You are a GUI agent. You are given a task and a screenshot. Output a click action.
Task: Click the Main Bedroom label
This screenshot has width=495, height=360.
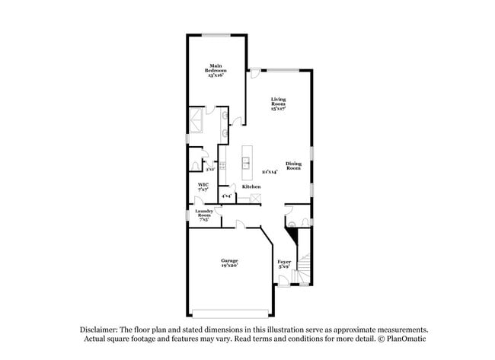coord(216,71)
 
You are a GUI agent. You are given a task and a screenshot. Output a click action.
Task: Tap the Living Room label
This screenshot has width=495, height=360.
coord(278,104)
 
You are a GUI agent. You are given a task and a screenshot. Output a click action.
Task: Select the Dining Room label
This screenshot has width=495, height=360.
coord(294,165)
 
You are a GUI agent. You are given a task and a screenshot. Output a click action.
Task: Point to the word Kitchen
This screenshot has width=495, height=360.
coord(251,187)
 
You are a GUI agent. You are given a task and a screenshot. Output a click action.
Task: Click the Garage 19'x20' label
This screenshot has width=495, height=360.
coord(229,263)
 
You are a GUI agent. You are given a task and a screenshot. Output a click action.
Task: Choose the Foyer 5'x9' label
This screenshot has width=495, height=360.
coord(284,263)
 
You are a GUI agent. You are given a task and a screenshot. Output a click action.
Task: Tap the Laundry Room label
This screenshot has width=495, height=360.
coord(204,215)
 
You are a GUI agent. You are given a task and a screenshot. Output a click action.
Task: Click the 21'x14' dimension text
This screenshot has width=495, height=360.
coord(269,172)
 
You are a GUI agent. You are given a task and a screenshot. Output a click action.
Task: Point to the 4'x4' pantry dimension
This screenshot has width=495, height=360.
coord(226,196)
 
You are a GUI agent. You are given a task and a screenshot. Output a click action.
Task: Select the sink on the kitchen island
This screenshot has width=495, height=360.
coord(247,161)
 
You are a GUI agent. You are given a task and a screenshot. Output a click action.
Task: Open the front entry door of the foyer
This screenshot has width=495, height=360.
coord(283,281)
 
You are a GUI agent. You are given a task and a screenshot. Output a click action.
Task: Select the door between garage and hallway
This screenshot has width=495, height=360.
coord(240,223)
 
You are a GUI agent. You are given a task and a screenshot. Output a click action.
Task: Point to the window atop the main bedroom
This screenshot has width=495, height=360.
coord(217,34)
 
